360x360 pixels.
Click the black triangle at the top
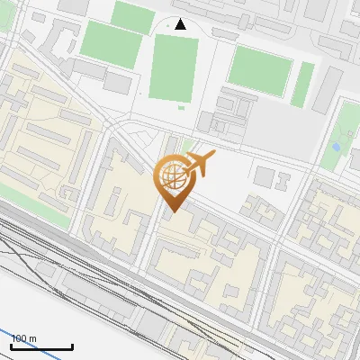[180, 24]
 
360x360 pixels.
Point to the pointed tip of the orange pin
[171, 212]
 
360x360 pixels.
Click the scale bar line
[41, 346]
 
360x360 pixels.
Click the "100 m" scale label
[24, 338]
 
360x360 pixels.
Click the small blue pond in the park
[336, 146]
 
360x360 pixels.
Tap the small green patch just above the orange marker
[186, 144]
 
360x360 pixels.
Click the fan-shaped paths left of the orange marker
[135, 144]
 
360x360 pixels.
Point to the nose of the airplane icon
[214, 156]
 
